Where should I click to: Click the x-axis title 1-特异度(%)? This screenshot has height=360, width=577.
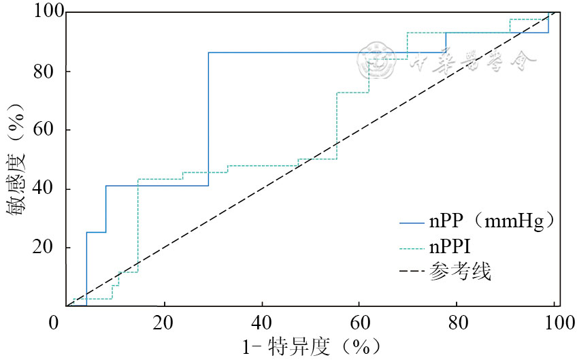tap(310, 347)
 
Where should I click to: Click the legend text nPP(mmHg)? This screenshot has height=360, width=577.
tap(493, 221)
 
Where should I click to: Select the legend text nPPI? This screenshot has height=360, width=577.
tap(450, 246)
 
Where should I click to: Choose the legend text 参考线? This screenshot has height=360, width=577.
tap(460, 272)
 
